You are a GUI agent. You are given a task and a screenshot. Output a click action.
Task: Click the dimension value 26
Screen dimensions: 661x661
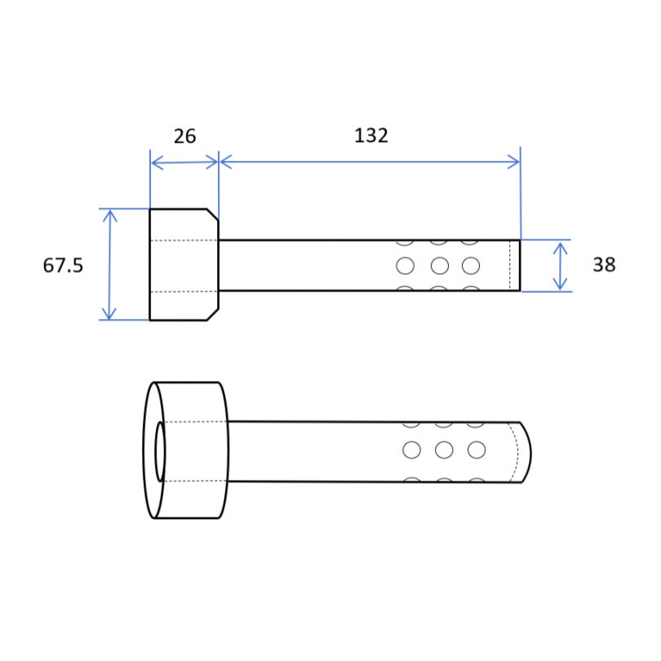click(184, 136)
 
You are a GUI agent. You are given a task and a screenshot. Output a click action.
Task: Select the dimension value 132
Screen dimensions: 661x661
click(371, 135)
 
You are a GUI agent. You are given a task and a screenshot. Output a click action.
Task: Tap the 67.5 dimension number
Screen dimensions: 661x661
click(63, 265)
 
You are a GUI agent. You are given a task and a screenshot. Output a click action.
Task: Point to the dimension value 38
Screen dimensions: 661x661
click(604, 264)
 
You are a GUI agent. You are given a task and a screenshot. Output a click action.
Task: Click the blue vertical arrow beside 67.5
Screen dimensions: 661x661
click(109, 264)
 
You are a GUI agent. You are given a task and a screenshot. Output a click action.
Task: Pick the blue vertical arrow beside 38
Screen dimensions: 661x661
click(561, 266)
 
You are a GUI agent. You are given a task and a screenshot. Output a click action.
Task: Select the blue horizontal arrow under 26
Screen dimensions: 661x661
click(184, 162)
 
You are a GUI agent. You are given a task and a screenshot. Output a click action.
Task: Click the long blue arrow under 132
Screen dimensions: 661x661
click(370, 162)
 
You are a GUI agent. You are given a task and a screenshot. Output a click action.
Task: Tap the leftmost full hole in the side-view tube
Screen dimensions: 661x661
click(405, 266)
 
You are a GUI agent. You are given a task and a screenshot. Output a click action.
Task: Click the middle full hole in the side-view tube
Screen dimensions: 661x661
click(440, 266)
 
